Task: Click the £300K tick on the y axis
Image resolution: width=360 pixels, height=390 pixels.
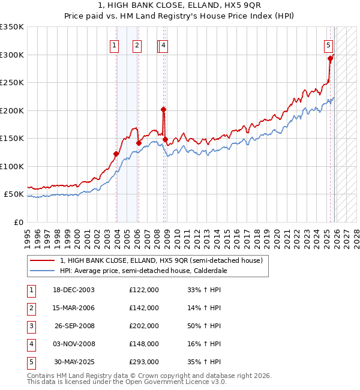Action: tap(12, 55)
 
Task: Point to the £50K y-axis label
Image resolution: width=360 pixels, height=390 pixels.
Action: tap(14, 194)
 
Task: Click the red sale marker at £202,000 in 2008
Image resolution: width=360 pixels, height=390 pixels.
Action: tap(163, 109)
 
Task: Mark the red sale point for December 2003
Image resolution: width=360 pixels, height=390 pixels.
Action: tap(116, 154)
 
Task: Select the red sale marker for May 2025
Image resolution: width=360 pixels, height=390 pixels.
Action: tap(330, 58)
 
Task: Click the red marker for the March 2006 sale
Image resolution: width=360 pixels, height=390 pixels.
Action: tap(139, 143)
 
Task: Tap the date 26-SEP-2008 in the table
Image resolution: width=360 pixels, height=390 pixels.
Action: tap(74, 326)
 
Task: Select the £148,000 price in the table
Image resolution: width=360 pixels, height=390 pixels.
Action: tap(144, 344)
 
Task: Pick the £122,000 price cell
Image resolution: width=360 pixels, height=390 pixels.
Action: tap(144, 290)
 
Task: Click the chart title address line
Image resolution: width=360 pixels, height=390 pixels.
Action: tap(180, 7)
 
